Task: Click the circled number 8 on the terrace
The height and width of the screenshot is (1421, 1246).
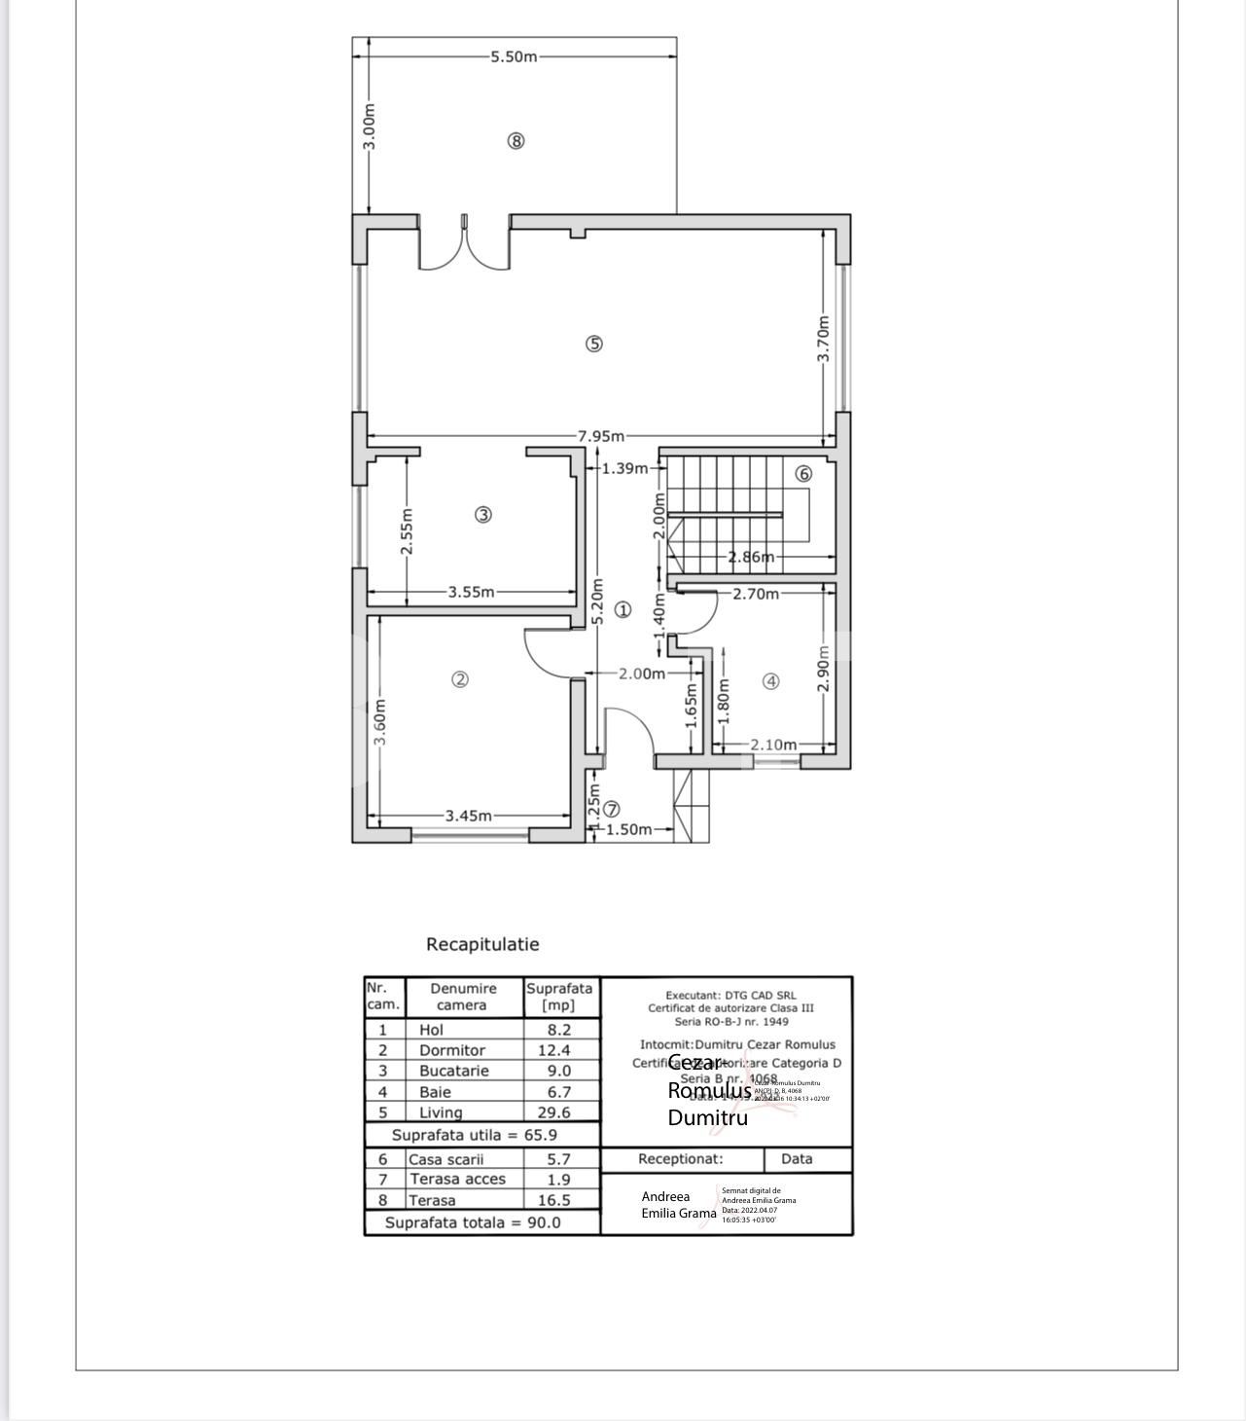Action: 516,140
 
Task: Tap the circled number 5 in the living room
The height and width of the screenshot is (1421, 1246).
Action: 594,344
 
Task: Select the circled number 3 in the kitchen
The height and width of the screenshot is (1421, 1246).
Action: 482,515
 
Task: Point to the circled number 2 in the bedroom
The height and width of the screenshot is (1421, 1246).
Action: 461,679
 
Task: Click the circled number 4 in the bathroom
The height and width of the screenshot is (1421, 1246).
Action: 770,681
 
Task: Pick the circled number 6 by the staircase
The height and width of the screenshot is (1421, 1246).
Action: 803,474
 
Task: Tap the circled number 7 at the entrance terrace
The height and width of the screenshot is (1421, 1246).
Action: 612,809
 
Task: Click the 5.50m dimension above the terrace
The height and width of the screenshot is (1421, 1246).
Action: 514,56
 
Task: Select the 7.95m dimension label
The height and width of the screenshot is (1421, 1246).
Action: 600,436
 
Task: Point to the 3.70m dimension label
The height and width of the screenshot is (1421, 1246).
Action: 824,339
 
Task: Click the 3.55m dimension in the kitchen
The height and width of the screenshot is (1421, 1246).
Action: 471,592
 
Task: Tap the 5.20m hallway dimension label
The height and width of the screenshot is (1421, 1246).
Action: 597,601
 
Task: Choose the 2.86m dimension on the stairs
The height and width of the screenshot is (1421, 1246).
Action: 752,557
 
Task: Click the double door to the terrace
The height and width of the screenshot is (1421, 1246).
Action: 464,243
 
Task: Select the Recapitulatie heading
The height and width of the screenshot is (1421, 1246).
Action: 482,944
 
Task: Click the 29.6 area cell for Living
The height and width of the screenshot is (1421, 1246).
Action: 554,1112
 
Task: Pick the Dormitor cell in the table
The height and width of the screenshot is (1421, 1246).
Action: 452,1050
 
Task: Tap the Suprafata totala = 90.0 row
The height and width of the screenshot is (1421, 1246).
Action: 473,1222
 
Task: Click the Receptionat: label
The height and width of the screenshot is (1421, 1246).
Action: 681,1159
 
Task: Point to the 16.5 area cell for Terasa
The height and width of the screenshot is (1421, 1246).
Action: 554,1200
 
